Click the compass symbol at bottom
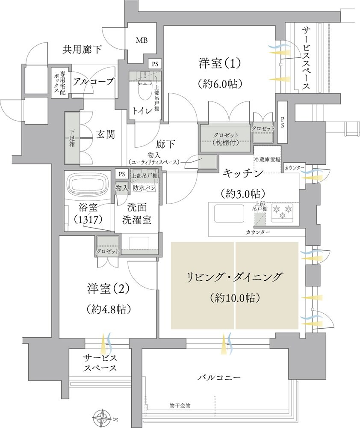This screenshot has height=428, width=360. [x=103, y=416]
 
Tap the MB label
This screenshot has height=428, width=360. [x=142, y=41]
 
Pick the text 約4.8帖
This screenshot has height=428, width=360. [x=108, y=309]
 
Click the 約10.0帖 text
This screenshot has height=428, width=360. [x=235, y=296]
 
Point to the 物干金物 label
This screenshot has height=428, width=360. [x=179, y=404]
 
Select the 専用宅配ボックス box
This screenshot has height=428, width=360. [x=57, y=82]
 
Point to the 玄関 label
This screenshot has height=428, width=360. [x=105, y=134]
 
